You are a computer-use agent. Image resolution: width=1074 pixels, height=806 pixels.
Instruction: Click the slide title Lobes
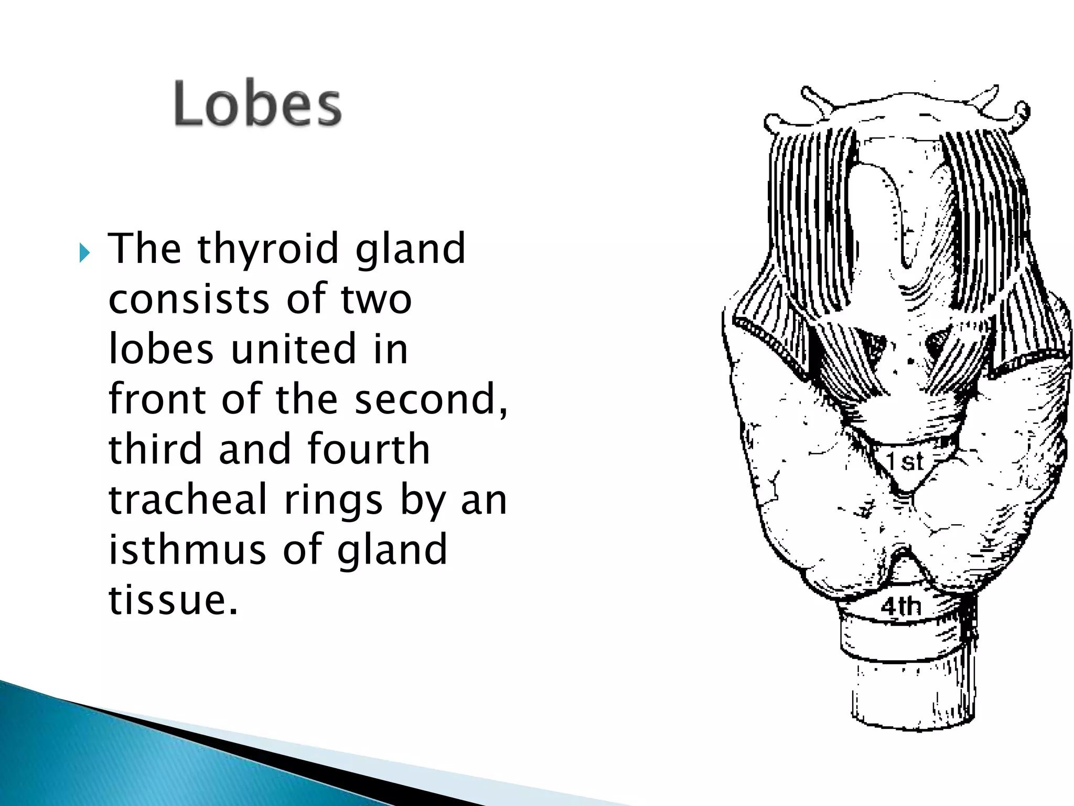point(257,104)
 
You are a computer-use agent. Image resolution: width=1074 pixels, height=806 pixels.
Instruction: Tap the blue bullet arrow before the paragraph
point(85,254)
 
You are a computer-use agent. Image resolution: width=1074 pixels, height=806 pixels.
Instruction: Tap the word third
point(155,449)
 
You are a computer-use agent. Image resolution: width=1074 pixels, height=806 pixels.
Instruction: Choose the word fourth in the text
point(368,449)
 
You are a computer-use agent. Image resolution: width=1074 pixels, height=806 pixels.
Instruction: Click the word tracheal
point(188,500)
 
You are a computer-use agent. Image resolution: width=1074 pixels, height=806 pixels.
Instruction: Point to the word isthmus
point(187,549)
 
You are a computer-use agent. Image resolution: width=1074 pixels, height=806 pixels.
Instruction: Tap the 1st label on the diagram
point(905,462)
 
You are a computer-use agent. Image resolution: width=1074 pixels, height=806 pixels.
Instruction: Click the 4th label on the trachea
point(901,607)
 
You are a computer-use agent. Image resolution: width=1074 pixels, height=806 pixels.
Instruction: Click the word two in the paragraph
point(376,299)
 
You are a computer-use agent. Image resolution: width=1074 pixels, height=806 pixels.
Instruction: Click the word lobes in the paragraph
point(161,349)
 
